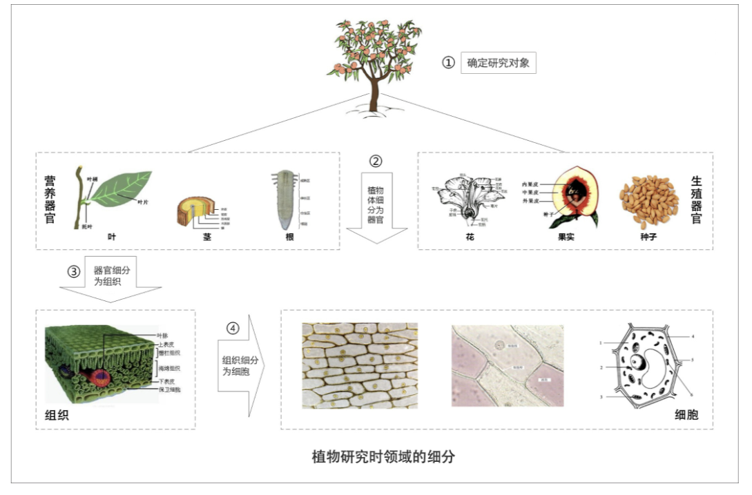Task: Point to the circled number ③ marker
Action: click(x=74, y=271)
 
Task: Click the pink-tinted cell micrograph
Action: click(x=508, y=365)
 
